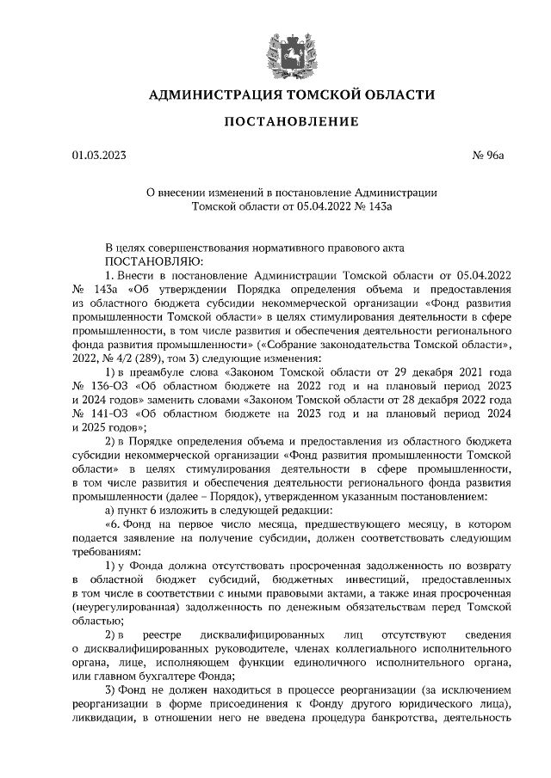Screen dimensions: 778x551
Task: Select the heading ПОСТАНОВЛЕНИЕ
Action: click(291, 122)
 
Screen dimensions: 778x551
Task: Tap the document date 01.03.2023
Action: click(99, 156)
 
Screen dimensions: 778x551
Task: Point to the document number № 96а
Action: click(488, 156)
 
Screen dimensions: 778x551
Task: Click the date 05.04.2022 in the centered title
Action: click(323, 206)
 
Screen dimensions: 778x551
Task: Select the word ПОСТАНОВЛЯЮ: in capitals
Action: click(154, 260)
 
